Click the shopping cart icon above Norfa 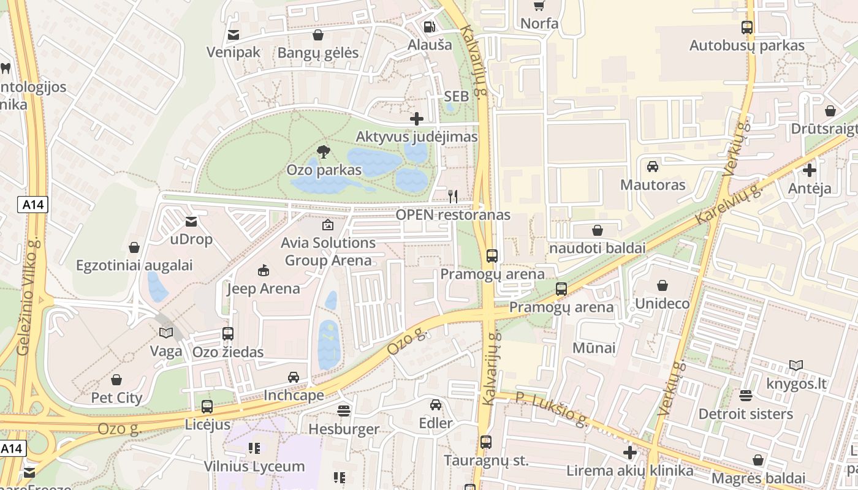(539, 6)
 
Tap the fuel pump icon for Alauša (430, 27)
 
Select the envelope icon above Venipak (233, 35)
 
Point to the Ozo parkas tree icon (323, 152)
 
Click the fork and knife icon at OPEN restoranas (453, 197)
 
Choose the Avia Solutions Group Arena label (328, 251)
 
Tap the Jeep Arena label (264, 288)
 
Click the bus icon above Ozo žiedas (228, 334)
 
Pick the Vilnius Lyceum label (254, 466)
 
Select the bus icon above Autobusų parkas (746, 28)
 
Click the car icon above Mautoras (653, 167)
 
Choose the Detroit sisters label (745, 414)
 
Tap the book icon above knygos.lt (795, 366)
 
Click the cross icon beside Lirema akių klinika (629, 453)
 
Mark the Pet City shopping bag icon (116, 380)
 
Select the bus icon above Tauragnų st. (486, 442)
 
